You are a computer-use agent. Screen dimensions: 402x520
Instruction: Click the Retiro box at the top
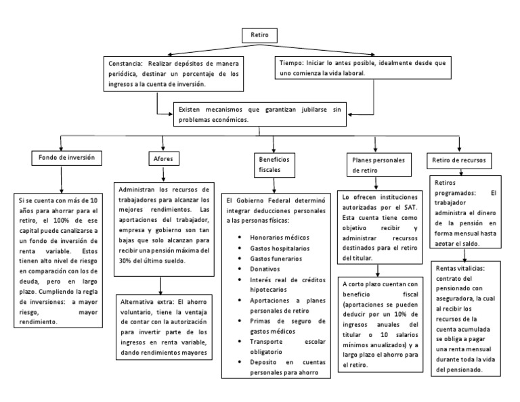pyautogui.click(x=259, y=35)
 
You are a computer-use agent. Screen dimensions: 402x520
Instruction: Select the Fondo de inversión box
pyautogui.click(x=62, y=158)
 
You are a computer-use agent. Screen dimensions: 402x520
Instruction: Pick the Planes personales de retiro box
pyautogui.click(x=374, y=166)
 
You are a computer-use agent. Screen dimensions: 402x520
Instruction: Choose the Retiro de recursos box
pyautogui.click(x=458, y=160)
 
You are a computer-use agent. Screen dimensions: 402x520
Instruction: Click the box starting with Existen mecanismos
pyautogui.click(x=257, y=113)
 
